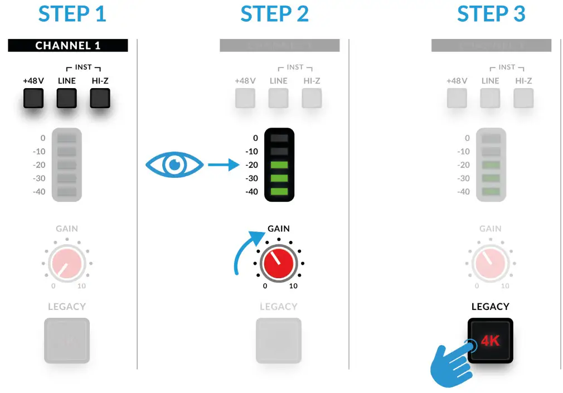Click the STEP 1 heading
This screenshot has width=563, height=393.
pos(72,14)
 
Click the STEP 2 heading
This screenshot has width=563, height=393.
pos(274,14)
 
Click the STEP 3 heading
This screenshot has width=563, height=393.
pos(491,14)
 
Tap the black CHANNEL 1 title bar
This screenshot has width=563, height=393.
pos(67,45)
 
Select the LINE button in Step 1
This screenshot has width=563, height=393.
pos(66,98)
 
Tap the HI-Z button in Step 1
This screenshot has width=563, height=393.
pos(100,98)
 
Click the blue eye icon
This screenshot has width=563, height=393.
pos(174,165)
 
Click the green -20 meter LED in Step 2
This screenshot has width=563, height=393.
pos(279,165)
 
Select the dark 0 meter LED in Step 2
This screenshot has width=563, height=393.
pos(279,138)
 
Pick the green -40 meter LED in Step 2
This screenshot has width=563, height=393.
pos(279,191)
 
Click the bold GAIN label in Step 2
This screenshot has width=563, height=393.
pos(278,229)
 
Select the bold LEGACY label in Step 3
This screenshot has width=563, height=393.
pos(490,307)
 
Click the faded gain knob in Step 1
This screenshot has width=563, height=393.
pos(66,263)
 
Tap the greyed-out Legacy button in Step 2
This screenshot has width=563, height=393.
pos(278,341)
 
